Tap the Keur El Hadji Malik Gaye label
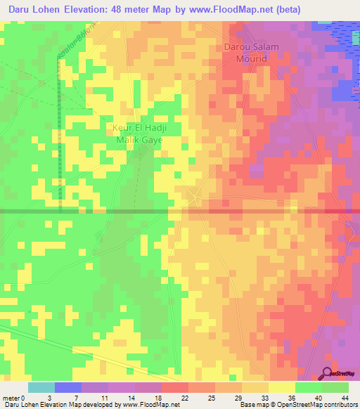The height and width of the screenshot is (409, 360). (138, 134)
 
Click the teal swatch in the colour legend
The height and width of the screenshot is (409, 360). (41, 387)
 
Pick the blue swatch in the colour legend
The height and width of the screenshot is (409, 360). (68, 387)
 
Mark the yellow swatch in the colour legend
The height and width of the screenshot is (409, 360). (282, 387)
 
